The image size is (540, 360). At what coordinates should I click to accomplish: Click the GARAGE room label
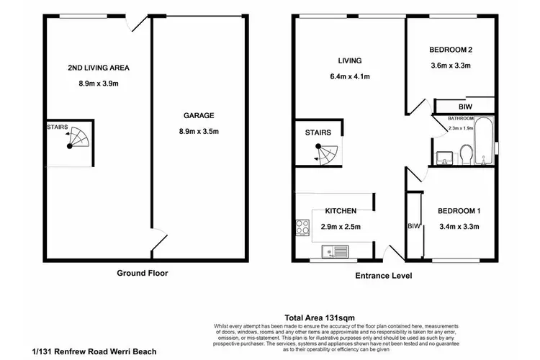pyautogui.click(x=198, y=115)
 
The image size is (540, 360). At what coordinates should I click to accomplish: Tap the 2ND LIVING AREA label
pyautogui.click(x=98, y=68)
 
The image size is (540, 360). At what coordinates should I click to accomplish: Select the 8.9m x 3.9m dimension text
pyautogui.click(x=98, y=84)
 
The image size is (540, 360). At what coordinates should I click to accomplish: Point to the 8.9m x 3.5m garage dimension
pyautogui.click(x=198, y=130)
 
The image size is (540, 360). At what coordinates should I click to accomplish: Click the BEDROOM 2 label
pyautogui.click(x=450, y=50)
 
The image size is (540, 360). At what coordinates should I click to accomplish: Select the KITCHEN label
pyautogui.click(x=341, y=211)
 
